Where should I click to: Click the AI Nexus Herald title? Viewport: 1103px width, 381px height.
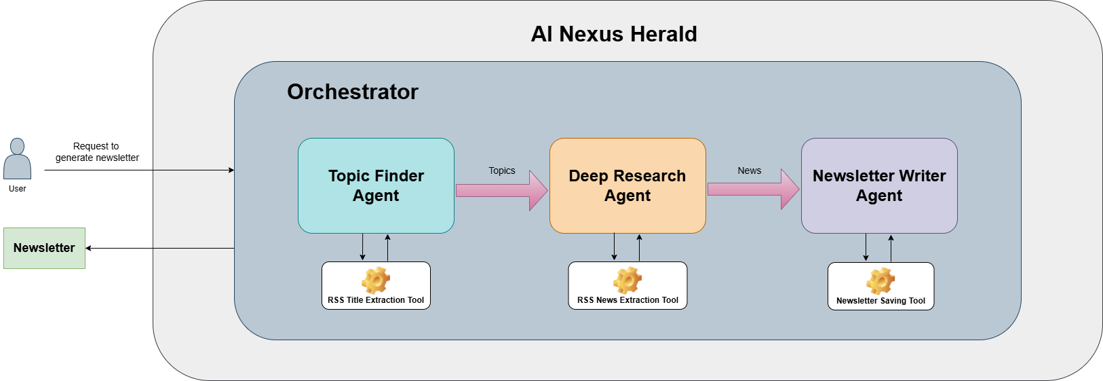pyautogui.click(x=614, y=34)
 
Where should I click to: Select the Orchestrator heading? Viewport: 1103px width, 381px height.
pyautogui.click(x=352, y=92)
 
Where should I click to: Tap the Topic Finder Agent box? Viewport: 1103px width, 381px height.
pyautogui.click(x=376, y=185)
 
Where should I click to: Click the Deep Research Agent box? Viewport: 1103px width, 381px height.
pyautogui.click(x=627, y=185)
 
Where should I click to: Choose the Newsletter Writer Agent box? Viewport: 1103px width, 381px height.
pyautogui.click(x=879, y=185)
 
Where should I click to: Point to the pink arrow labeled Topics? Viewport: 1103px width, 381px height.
pyautogui.click(x=501, y=191)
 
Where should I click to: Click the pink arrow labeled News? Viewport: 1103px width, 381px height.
pyautogui.click(x=753, y=189)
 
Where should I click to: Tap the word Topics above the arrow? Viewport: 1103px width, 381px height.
pyautogui.click(x=501, y=170)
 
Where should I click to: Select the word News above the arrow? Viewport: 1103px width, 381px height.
pyautogui.click(x=749, y=170)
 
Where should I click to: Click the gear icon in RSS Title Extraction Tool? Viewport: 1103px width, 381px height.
pyautogui.click(x=376, y=280)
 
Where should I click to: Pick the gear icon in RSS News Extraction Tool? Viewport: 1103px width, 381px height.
pyautogui.click(x=627, y=280)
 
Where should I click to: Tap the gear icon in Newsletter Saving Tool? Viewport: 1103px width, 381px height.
pyautogui.click(x=881, y=280)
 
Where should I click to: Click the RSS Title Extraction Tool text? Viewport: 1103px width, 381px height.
pyautogui.click(x=376, y=300)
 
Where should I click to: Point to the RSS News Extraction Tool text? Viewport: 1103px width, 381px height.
pyautogui.click(x=627, y=300)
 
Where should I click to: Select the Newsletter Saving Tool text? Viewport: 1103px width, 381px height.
pyautogui.click(x=881, y=301)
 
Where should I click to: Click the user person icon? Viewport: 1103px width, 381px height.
pyautogui.click(x=17, y=159)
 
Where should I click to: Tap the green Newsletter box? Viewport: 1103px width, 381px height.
pyautogui.click(x=44, y=248)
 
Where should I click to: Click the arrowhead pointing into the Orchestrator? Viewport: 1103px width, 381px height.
pyautogui.click(x=231, y=170)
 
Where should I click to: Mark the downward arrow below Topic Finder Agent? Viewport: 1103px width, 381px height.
pyautogui.click(x=362, y=248)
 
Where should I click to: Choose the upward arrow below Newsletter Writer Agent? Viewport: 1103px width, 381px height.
pyautogui.click(x=891, y=248)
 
